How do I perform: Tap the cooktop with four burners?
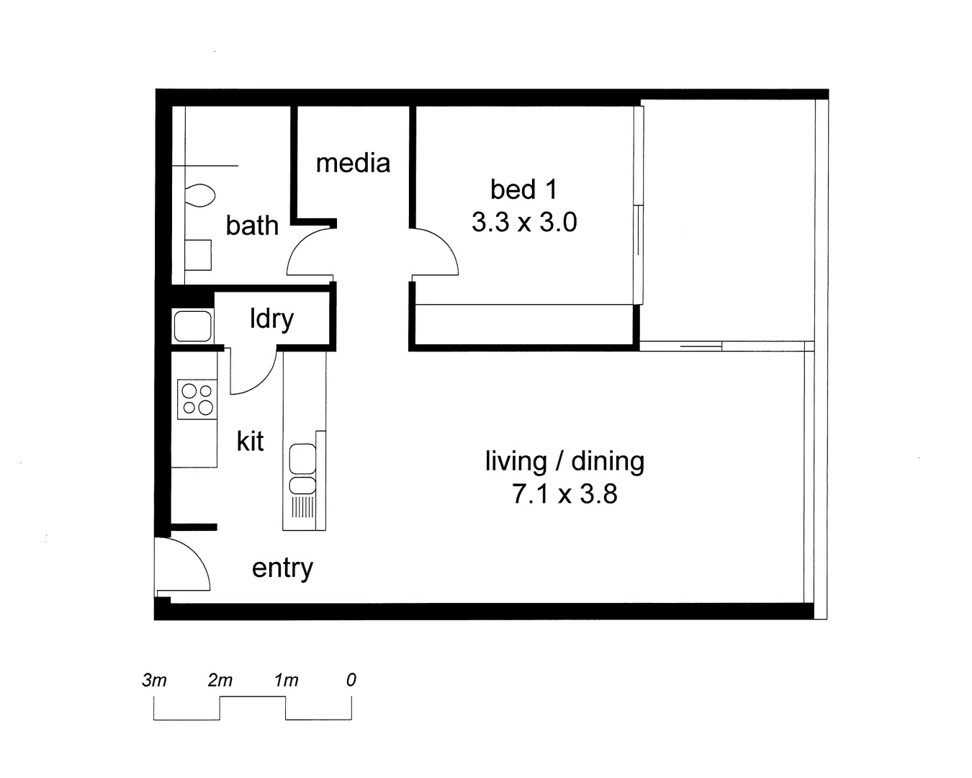(197, 400)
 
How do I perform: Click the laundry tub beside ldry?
(192, 326)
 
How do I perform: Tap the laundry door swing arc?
(253, 373)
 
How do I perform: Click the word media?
(353, 164)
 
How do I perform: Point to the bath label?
(252, 225)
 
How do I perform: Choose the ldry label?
(271, 318)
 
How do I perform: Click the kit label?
(250, 441)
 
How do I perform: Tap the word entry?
(282, 568)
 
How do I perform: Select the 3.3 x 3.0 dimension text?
(524, 222)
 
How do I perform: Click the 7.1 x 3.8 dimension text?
(564, 494)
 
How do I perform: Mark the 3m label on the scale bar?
(154, 680)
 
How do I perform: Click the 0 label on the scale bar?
(351, 680)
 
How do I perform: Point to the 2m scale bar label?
(220, 680)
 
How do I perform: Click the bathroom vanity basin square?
(198, 254)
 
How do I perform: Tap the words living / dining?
(564, 461)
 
